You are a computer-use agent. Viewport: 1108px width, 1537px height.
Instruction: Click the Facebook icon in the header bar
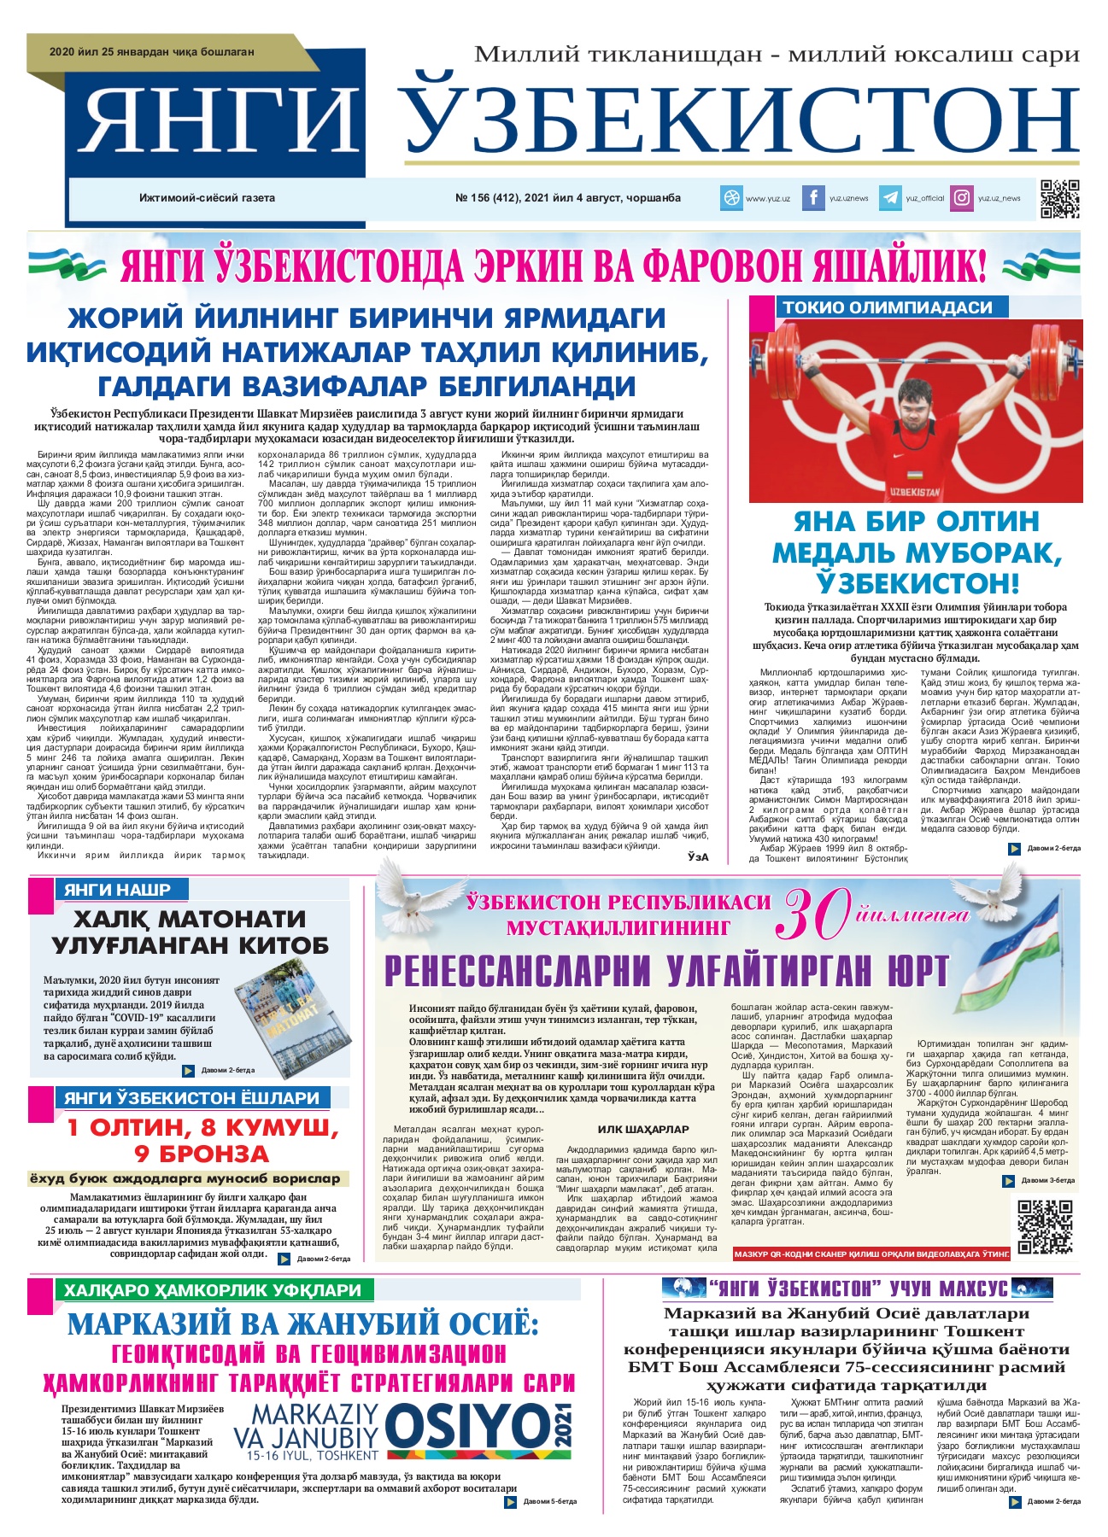pos(812,198)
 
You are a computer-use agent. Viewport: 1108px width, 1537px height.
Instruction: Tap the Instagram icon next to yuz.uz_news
pos(962,198)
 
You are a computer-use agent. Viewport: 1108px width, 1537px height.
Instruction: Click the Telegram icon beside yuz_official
pos(889,198)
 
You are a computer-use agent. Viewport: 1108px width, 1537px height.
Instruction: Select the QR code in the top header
pos(1059,199)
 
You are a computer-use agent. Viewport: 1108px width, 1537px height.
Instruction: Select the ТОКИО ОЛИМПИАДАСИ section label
pos(888,307)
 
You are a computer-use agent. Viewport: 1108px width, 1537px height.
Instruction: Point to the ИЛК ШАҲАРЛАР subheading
pos(631,1130)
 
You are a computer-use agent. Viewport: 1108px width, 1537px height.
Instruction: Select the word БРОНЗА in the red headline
pos(202,1154)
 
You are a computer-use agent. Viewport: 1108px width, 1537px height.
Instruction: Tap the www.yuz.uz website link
pos(767,198)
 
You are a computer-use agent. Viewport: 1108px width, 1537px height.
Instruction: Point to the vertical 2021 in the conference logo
pos(564,1425)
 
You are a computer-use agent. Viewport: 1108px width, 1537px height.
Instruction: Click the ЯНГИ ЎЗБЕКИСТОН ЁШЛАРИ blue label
pos(191,1098)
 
